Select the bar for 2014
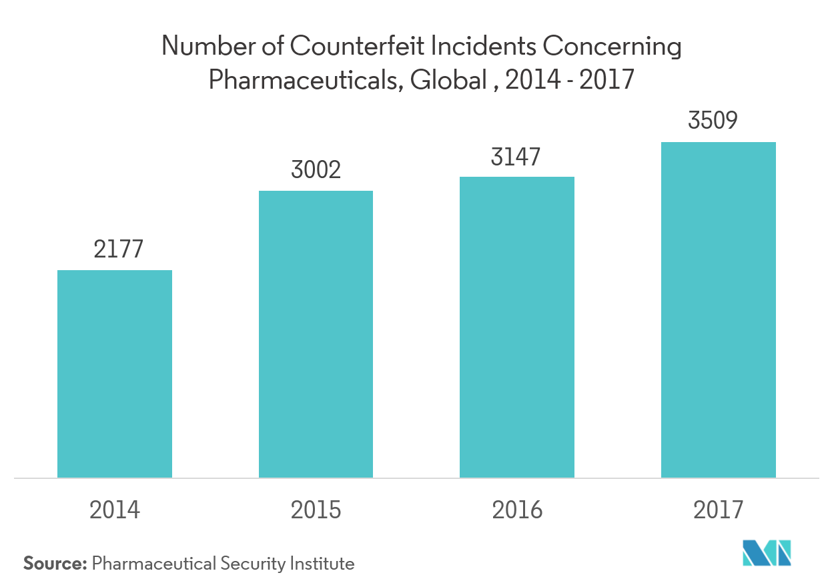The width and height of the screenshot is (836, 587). click(115, 374)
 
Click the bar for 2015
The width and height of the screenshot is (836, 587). click(316, 334)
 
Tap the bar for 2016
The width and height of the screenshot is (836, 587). click(517, 327)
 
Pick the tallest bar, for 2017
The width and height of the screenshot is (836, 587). click(719, 310)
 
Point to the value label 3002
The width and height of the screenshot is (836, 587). click(316, 169)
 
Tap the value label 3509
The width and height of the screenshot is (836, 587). click(719, 121)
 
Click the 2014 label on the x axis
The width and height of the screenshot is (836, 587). click(115, 510)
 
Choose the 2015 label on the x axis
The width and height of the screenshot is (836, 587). click(316, 510)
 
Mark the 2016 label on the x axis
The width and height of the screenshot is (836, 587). click(517, 510)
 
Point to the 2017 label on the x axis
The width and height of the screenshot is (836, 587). click(719, 510)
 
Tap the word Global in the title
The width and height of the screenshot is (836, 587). click(448, 81)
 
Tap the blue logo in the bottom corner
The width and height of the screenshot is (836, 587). click(767, 552)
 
